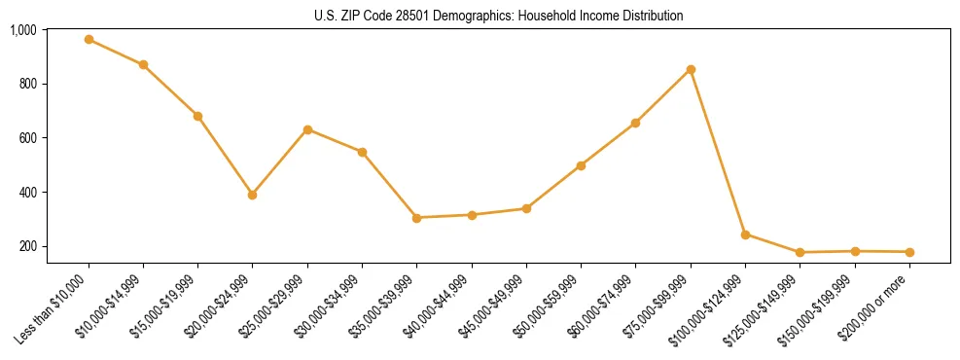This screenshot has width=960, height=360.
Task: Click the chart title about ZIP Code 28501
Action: coord(498,16)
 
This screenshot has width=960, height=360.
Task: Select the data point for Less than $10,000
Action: coord(89,40)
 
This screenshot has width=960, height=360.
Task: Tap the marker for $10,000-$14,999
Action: coord(143,65)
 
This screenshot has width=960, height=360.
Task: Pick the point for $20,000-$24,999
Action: coord(253,195)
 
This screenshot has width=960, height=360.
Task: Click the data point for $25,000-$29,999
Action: coord(307,129)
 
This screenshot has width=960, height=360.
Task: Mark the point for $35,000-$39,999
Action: coord(416,218)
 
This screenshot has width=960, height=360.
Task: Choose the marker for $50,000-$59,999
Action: coord(581,165)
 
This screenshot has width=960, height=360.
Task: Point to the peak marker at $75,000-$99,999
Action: coord(691,69)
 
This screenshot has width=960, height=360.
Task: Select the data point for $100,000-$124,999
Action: coord(745,234)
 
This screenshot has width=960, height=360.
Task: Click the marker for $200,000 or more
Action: coord(909,252)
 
